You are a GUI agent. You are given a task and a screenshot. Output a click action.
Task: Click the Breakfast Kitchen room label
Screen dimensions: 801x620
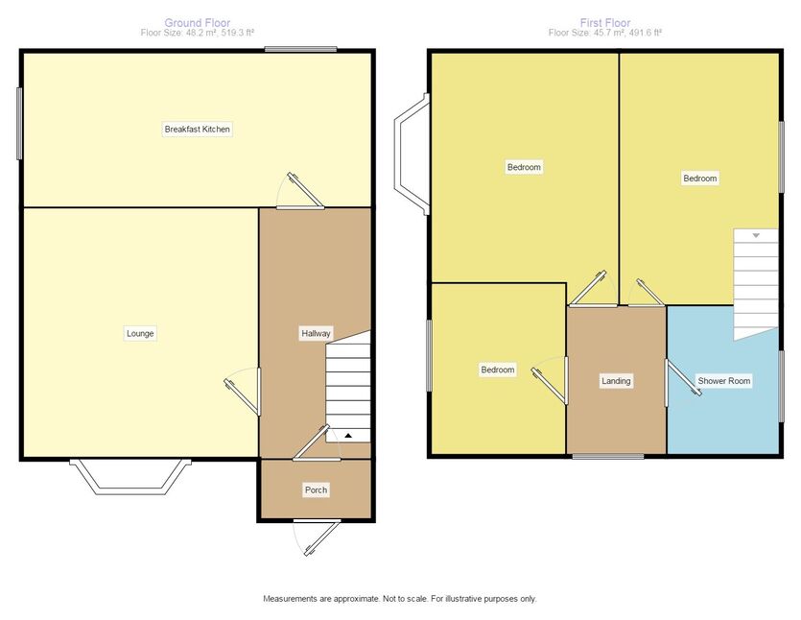click(x=198, y=130)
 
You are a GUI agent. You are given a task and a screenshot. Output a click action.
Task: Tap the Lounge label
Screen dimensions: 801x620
click(x=140, y=334)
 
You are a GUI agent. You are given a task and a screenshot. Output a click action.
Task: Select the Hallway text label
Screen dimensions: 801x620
click(x=316, y=334)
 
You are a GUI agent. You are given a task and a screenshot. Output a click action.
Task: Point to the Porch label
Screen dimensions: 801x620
click(x=316, y=490)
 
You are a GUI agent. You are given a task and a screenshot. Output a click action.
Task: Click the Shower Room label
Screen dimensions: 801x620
click(x=724, y=381)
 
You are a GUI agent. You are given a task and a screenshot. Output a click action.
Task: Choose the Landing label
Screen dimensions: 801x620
click(x=616, y=381)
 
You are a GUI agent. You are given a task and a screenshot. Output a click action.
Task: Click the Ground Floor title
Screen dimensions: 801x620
click(x=198, y=22)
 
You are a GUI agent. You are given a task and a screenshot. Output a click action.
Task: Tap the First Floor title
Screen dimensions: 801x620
click(x=605, y=22)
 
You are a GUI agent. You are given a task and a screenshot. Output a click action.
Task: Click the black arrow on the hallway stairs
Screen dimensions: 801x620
click(x=348, y=436)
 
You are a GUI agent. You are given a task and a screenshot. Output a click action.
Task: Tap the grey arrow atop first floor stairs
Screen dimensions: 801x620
click(x=756, y=236)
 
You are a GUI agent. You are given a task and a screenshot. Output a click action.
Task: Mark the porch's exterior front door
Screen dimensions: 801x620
click(x=318, y=537)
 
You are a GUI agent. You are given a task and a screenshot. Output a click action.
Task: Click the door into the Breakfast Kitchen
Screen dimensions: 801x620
click(x=301, y=192)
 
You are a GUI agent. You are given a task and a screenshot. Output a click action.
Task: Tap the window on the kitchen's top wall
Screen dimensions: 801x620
click(x=301, y=50)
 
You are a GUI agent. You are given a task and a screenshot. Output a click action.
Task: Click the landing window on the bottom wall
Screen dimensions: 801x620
click(x=608, y=456)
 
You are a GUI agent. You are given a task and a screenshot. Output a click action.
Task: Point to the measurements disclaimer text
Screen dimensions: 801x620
click(x=400, y=599)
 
